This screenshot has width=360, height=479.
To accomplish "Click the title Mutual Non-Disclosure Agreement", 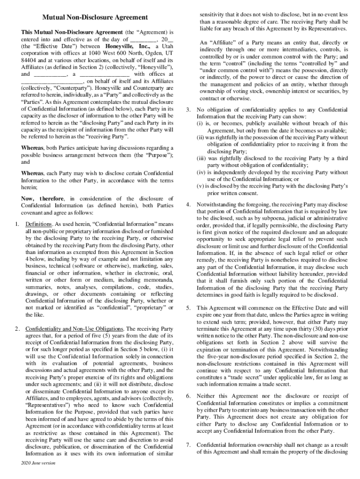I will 95,17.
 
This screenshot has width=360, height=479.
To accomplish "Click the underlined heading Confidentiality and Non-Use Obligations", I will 74,328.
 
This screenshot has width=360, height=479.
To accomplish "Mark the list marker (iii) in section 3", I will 202,158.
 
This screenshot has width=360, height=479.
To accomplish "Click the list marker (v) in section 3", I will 201,186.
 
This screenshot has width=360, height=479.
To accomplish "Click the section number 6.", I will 188,396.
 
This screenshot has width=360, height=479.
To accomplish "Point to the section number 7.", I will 188,444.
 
